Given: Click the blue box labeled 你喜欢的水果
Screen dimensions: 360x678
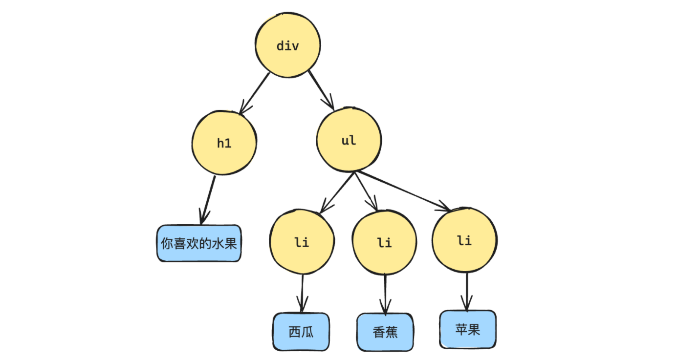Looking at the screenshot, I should [199, 243].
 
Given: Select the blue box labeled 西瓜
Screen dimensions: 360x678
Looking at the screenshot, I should [301, 332].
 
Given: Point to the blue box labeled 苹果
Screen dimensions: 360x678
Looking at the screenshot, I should [468, 329].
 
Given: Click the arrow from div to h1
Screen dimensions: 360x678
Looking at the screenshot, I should [255, 93].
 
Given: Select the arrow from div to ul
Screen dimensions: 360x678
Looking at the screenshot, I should [321, 90].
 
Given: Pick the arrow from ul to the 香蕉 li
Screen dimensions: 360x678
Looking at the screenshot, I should [366, 191].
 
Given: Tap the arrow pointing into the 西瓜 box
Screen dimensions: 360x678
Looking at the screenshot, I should [302, 293].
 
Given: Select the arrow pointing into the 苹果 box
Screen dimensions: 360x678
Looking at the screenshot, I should [467, 291].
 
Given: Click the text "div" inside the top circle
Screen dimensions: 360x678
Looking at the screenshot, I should [287, 46].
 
